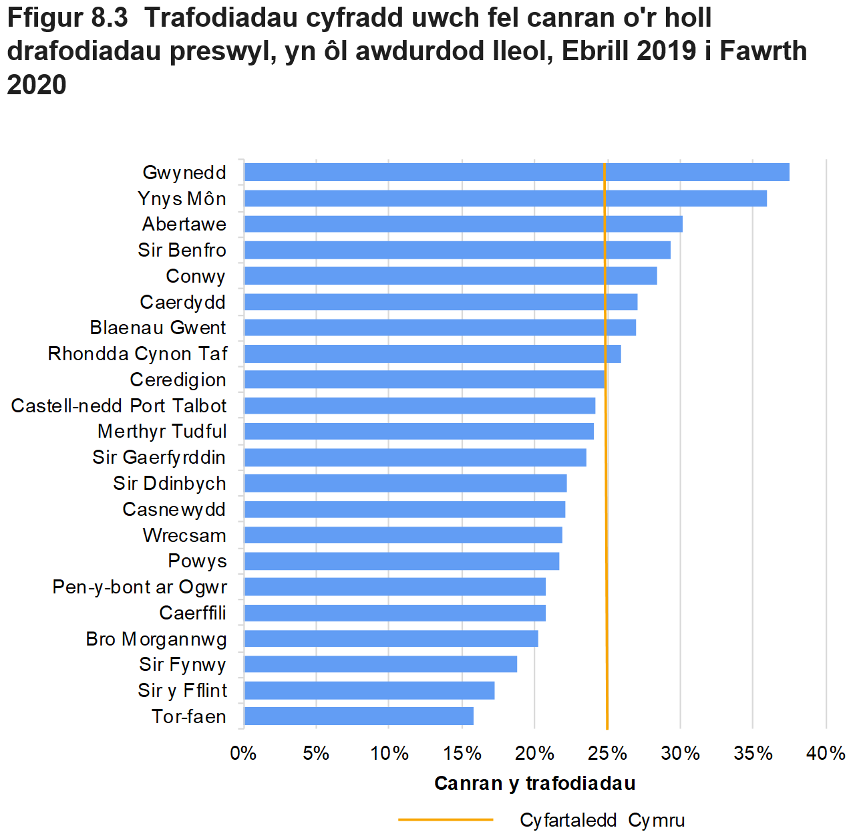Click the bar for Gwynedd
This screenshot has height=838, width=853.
tap(516, 172)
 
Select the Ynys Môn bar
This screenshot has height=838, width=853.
tap(505, 198)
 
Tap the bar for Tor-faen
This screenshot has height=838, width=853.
tap(359, 716)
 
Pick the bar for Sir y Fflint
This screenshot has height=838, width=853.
tap(369, 690)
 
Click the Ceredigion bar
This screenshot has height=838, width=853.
tap(424, 380)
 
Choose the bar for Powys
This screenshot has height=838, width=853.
tap(401, 561)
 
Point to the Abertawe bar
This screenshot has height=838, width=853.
tap(463, 224)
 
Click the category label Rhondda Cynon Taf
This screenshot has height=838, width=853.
tap(138, 354)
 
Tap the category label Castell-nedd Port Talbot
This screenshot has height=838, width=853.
tap(119, 406)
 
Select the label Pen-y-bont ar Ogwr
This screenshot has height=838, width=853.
tap(140, 587)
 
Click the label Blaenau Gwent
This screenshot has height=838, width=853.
tap(158, 328)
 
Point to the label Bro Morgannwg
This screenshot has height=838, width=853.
tap(156, 640)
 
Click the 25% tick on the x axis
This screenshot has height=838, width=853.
tap(607, 754)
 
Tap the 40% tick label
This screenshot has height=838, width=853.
tap(826, 754)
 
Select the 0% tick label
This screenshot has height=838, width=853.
tap(244, 754)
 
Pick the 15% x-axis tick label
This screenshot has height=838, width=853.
tap(462, 754)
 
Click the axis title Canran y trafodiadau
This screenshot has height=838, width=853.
tap(534, 783)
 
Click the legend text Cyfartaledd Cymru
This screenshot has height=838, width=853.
tap(602, 820)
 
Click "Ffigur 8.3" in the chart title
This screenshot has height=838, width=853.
tap(67, 18)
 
